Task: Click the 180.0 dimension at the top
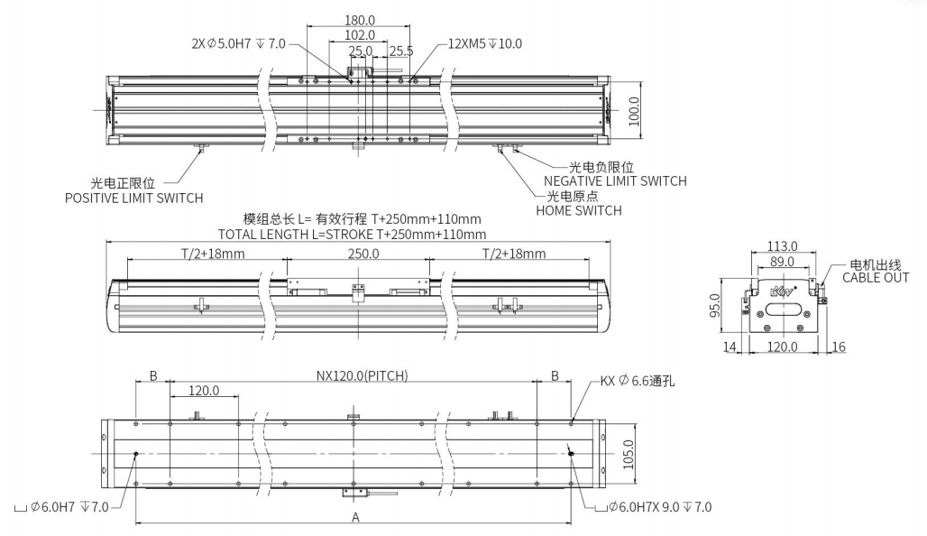[360, 19]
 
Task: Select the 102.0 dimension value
[360, 35]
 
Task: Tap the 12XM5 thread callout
[485, 42]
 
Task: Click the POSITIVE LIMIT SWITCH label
[133, 198]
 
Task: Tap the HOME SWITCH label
[578, 210]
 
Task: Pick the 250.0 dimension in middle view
[363, 254]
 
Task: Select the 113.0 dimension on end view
[781, 246]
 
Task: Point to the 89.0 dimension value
[781, 261]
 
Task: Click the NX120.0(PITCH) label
[362, 375]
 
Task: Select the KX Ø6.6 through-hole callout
[638, 381]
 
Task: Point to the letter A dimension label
[355, 517]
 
